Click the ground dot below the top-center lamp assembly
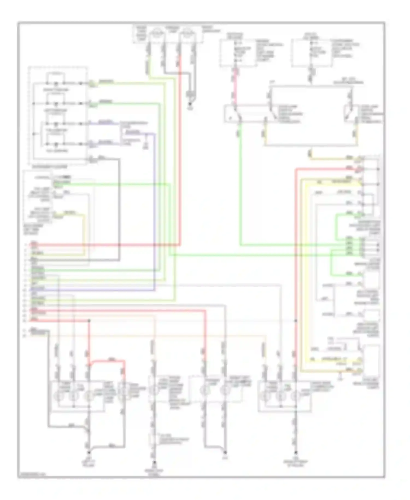point(191,104)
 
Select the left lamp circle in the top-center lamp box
point(157,34)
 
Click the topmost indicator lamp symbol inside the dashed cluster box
point(56,83)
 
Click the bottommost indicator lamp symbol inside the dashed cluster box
point(56,144)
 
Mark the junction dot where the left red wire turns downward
point(89,320)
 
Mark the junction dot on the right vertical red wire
point(295,320)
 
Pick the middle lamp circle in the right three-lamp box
point(280,396)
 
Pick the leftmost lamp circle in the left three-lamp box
point(58,396)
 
